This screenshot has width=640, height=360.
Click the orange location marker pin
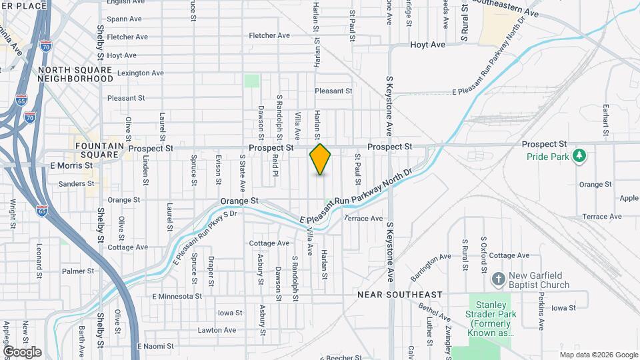320,159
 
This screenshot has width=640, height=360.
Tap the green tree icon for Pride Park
580,155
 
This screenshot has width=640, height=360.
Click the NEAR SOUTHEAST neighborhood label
400,294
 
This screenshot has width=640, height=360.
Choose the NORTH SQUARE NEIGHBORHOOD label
76,74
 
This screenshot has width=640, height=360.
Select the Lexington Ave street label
141,73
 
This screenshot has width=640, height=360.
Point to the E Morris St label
71,165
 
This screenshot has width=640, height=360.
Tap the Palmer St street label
74,271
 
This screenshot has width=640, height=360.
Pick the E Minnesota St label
177,296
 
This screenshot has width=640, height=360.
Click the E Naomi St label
155,347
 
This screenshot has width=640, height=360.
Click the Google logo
22,352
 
